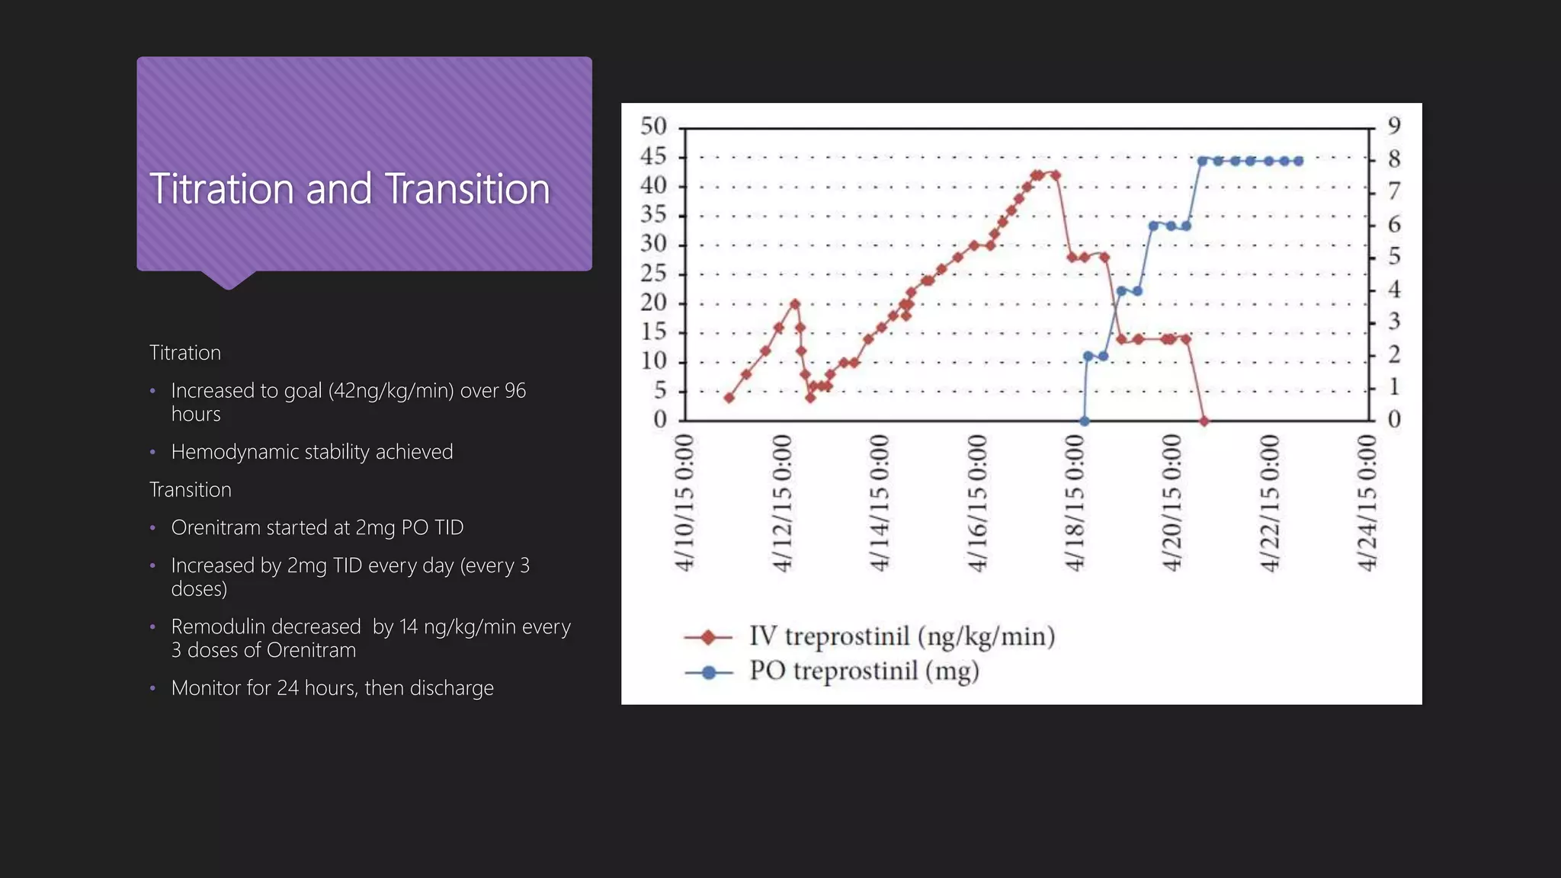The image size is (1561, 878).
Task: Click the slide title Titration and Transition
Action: pyautogui.click(x=349, y=189)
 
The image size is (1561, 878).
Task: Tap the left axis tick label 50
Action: pyautogui.click(x=653, y=126)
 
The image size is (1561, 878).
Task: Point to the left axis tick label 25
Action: pyautogui.click(x=653, y=273)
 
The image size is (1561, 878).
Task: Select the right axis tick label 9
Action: pyautogui.click(x=1394, y=126)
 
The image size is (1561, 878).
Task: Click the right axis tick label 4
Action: pyautogui.click(x=1394, y=290)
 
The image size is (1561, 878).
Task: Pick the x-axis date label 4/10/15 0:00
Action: pyautogui.click(x=685, y=503)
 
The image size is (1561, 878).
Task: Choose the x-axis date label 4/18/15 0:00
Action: pyautogui.click(x=1075, y=503)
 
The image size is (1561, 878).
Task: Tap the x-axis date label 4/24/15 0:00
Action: pyautogui.click(x=1367, y=503)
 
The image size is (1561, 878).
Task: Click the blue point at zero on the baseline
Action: pyautogui.click(x=1085, y=421)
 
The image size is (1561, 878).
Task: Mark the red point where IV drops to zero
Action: pyautogui.click(x=1204, y=421)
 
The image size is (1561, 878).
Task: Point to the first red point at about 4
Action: pyautogui.click(x=729, y=398)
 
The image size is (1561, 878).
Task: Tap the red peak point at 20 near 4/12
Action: pyautogui.click(x=795, y=304)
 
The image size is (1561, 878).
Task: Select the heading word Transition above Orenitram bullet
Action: pyautogui.click(x=190, y=490)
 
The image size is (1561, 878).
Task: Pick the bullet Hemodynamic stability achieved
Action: pyautogui.click(x=312, y=452)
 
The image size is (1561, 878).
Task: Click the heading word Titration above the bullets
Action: pyautogui.click(x=185, y=353)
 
